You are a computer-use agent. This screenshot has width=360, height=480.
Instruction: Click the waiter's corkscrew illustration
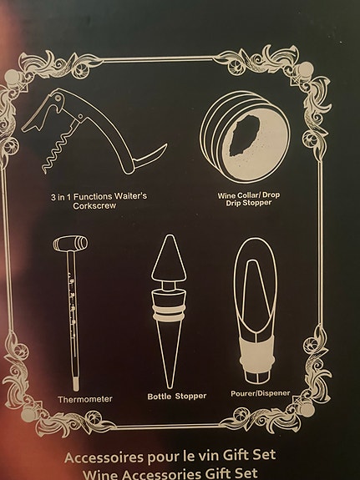pyautogui.click(x=92, y=138)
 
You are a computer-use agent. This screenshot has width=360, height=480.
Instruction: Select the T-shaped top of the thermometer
pyautogui.click(x=70, y=244)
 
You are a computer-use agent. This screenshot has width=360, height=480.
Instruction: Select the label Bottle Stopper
pyautogui.click(x=176, y=396)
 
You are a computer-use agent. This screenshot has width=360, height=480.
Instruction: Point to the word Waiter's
pyautogui.click(x=128, y=195)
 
